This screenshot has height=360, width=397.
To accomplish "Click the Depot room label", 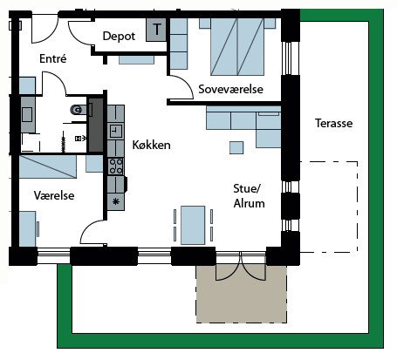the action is click(119, 37).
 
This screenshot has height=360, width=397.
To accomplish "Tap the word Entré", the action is click(53, 58).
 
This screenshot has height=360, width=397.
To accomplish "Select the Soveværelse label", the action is click(230, 89).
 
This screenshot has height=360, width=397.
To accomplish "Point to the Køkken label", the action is click(151, 145).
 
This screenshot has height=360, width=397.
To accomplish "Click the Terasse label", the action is click(333, 123).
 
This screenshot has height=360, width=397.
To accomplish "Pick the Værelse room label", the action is click(54, 195).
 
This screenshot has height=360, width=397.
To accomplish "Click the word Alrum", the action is click(250, 203).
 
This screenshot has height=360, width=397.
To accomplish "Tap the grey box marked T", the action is click(156, 30).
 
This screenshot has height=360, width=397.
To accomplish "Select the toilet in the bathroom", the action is click(79, 110).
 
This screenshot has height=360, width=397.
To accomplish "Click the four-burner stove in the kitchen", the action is click(116, 166).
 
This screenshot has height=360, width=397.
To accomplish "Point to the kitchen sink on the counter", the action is click(116, 132).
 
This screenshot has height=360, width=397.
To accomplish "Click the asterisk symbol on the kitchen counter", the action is click(116, 201).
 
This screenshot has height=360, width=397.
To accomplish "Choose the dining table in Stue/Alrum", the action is click(193, 225).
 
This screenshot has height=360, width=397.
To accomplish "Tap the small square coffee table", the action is click(236, 147).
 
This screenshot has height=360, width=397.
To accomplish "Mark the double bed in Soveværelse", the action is click(237, 47).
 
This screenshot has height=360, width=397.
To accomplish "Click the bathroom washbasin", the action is click(28, 114).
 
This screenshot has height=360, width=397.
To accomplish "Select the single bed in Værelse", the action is click(48, 166).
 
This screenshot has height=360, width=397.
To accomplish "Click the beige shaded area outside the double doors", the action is click(242, 294).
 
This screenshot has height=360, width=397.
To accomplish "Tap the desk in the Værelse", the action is click(28, 229).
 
